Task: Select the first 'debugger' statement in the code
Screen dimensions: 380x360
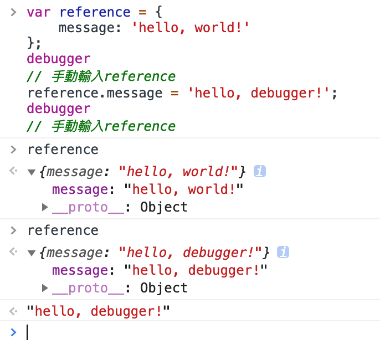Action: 58,59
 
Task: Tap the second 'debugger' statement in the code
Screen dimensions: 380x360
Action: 58,108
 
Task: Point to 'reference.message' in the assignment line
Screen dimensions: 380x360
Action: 95,92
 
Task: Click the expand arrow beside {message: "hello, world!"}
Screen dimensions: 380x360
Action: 32,172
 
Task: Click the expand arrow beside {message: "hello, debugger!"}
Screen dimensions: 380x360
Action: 32,253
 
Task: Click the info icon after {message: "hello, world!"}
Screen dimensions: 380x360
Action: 259,172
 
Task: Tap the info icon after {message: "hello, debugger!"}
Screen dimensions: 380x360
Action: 283,253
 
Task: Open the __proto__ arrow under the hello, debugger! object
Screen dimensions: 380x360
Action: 45,288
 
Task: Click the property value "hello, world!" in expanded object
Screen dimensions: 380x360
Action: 184,190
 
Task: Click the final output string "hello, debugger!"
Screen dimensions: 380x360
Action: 97,311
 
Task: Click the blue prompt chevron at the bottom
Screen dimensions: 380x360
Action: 14,332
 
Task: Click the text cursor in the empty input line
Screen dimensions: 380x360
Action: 27,332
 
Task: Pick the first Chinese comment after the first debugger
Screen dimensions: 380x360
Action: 101,76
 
